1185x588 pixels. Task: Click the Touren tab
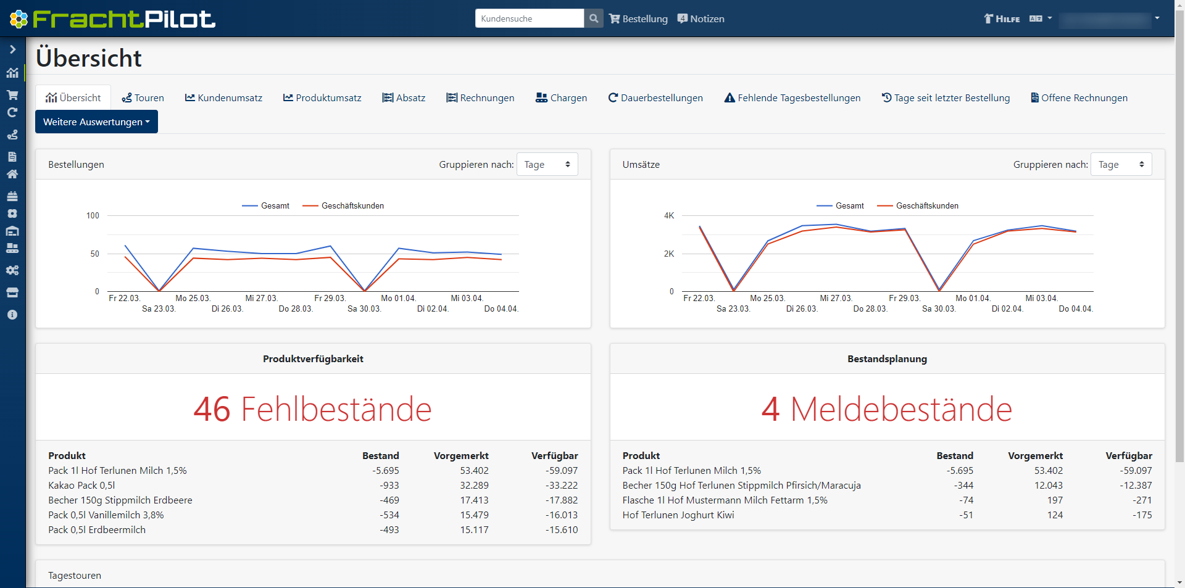143,98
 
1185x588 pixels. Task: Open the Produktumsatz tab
322,98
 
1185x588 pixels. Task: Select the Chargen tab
561,98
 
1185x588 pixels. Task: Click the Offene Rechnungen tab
1079,98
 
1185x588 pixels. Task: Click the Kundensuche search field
529,19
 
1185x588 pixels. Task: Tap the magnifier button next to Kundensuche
594,19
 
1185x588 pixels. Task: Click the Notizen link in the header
701,19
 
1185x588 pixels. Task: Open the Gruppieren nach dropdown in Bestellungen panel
547,165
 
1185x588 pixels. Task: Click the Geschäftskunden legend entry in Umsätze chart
926,206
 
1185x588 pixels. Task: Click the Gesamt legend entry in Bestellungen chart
275,206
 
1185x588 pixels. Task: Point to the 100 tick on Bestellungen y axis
93,216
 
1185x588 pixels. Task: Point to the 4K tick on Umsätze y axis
669,216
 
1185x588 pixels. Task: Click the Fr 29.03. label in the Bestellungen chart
330,299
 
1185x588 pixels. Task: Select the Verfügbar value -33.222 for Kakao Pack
561,486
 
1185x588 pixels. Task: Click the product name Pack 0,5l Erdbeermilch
97,530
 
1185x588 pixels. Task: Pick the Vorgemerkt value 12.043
1048,486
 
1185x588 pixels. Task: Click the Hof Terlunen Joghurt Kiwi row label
678,515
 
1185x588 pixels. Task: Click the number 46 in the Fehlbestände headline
212,409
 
